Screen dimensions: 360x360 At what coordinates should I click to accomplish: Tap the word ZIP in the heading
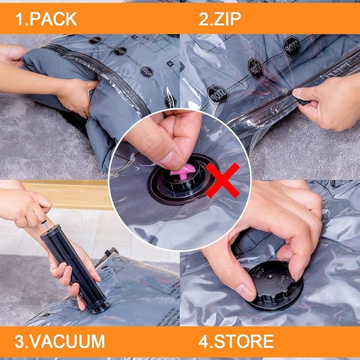coord(228,19)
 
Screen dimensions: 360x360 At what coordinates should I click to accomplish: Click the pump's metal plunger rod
coord(45,218)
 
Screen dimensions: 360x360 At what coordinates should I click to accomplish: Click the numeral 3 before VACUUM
coord(19,341)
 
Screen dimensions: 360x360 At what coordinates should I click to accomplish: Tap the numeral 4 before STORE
coord(204,341)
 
